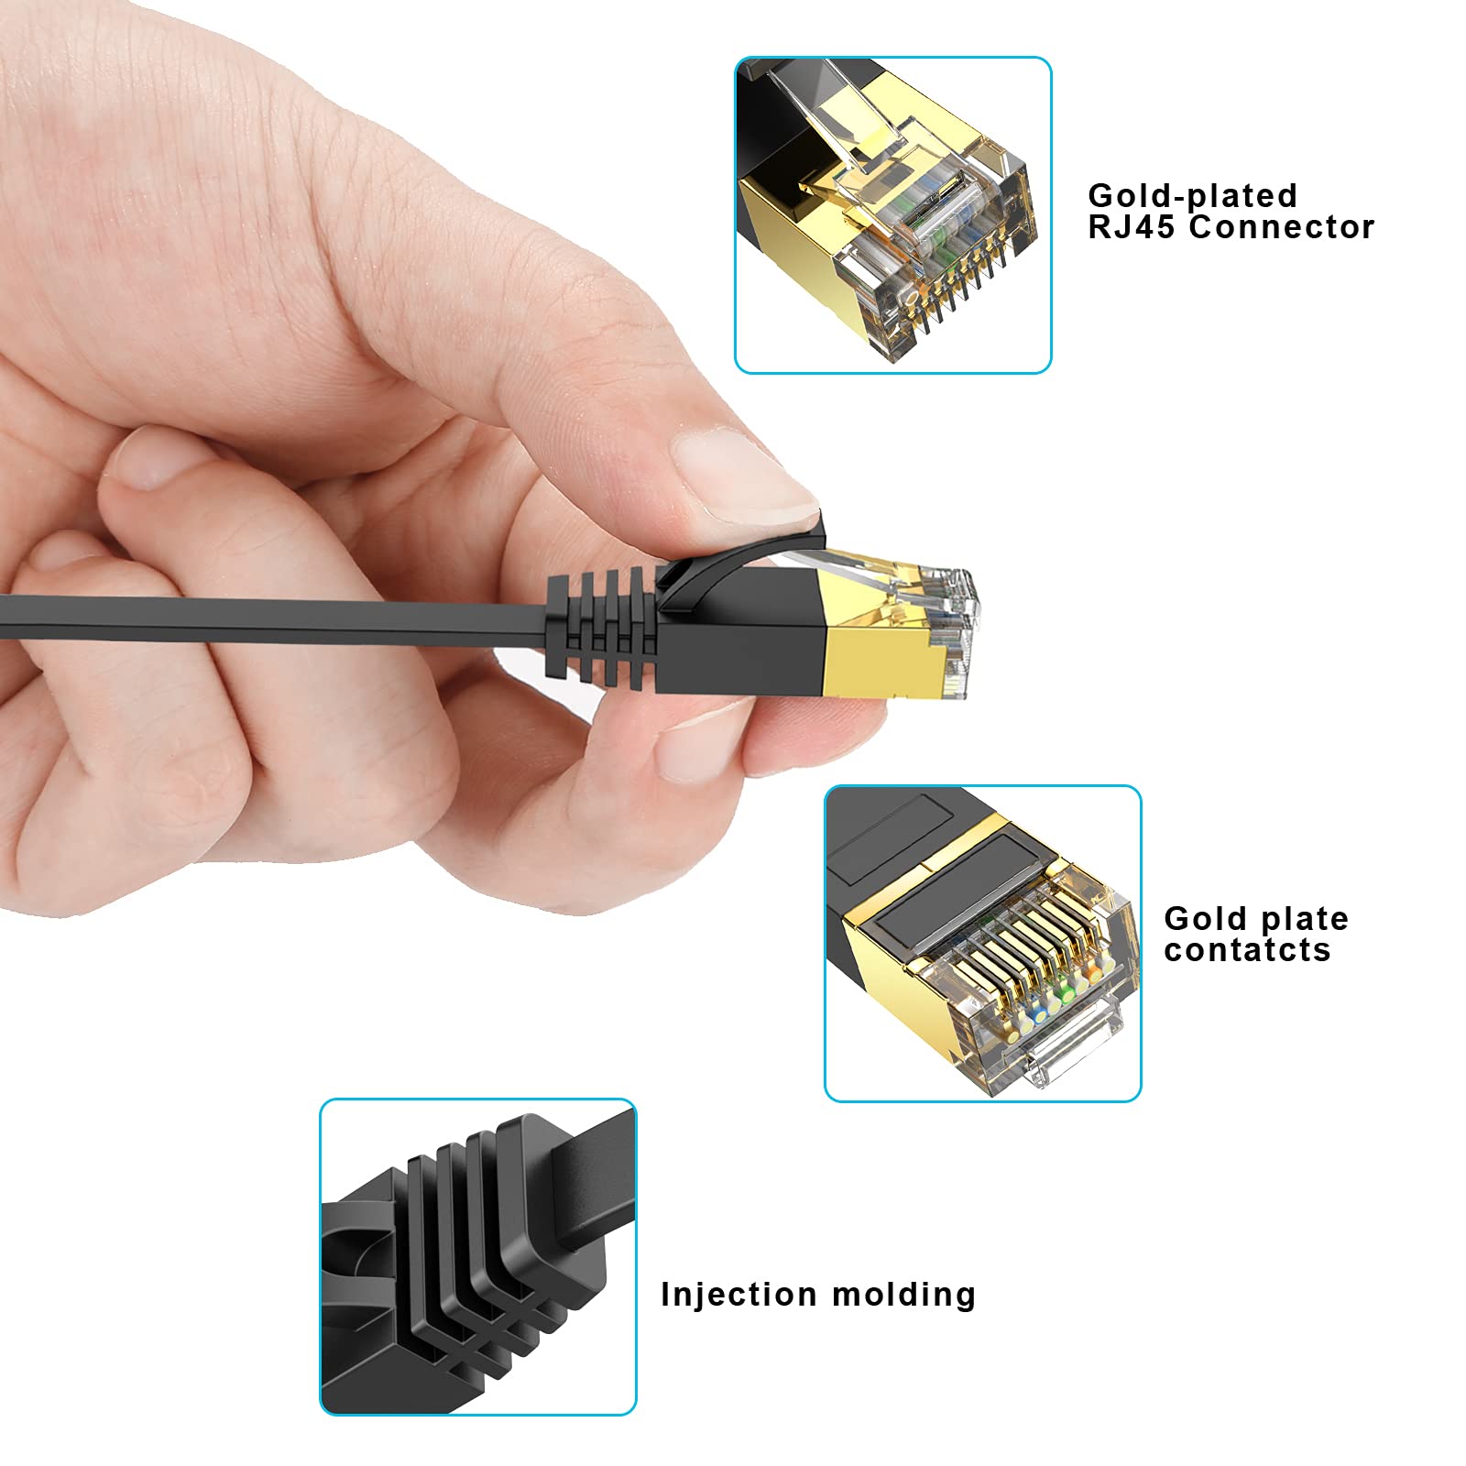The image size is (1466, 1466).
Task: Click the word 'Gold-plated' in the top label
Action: click(x=1192, y=196)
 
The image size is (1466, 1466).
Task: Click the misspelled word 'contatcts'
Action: click(x=1247, y=950)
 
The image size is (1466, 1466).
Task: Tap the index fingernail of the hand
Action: click(x=733, y=467)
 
